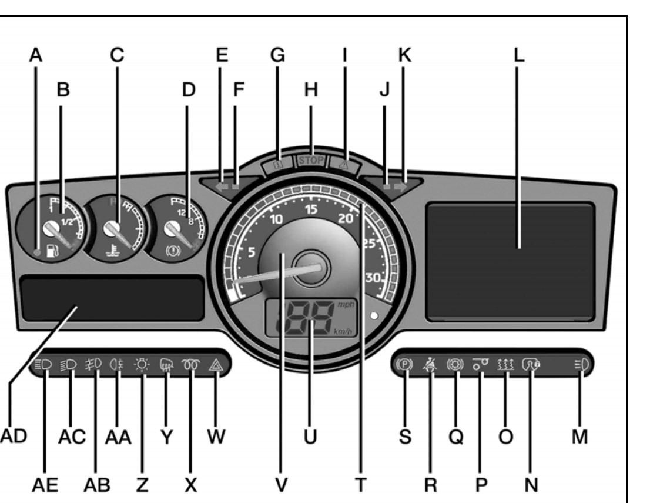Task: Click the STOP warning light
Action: [311, 160]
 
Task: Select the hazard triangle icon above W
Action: [216, 365]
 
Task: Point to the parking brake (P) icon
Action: [404, 364]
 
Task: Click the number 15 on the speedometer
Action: [311, 209]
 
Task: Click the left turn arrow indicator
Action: [223, 186]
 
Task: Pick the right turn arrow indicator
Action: [401, 186]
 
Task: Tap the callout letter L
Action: [518, 55]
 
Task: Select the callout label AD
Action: [14, 436]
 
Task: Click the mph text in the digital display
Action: [346, 304]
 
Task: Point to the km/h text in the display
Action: [343, 331]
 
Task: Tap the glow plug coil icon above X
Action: [190, 364]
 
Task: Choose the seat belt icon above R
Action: [430, 364]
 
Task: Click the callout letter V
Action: [281, 484]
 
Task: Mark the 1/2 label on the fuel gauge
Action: [67, 222]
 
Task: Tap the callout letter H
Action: [311, 89]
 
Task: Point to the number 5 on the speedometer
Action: [251, 252]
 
